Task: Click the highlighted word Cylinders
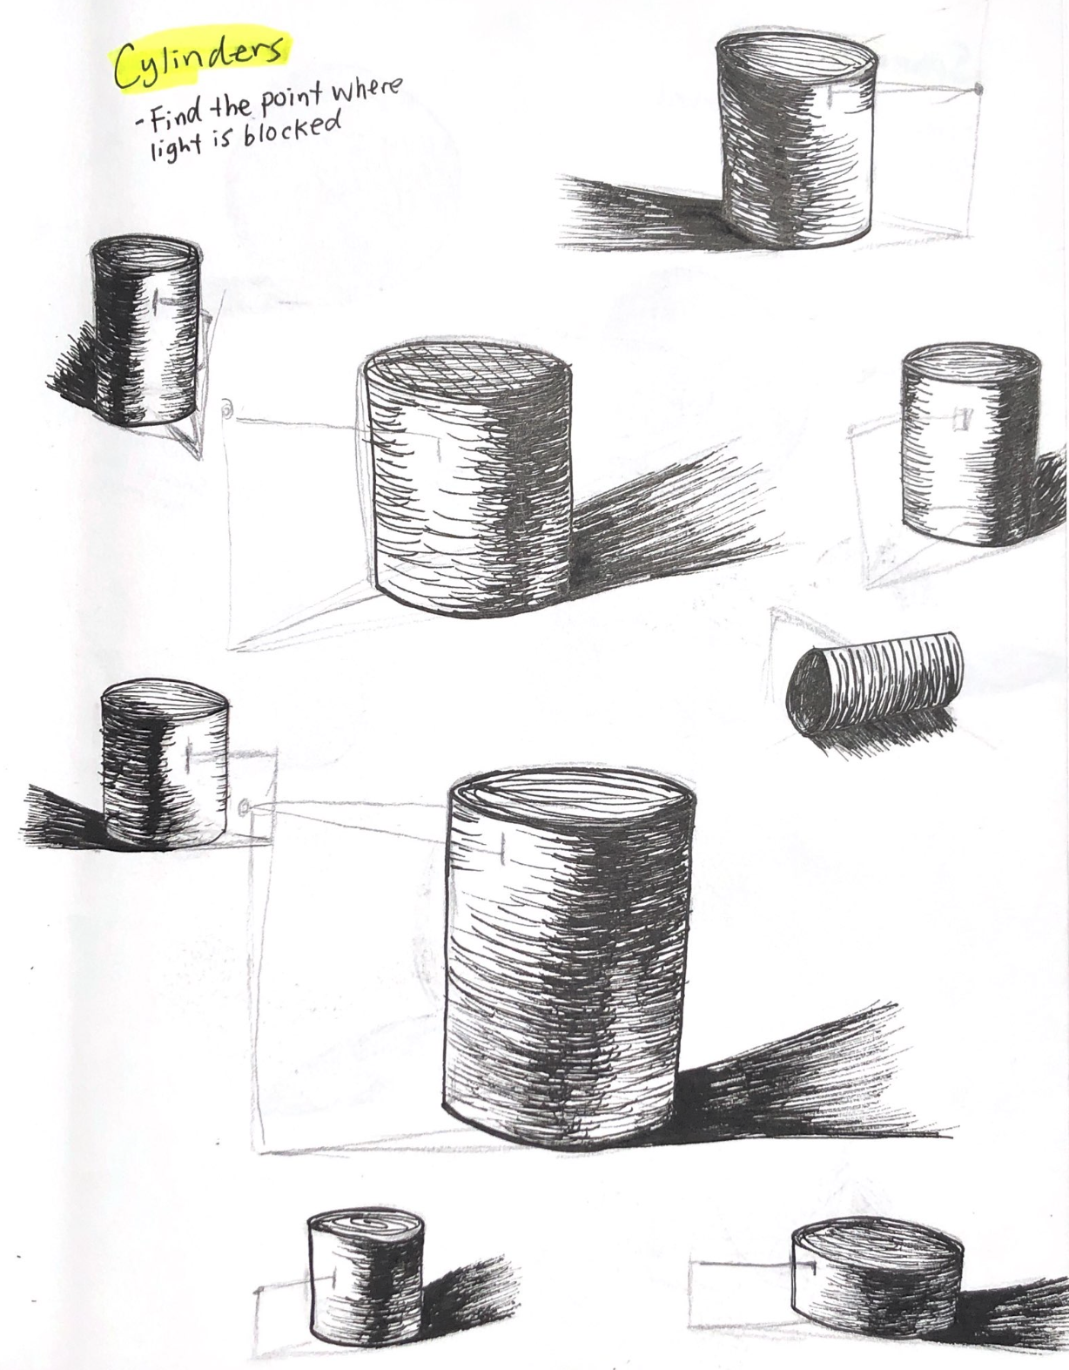tap(198, 59)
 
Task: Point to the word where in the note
tap(366, 89)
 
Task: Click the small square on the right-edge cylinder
tap(961, 419)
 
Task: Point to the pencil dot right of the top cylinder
tap(979, 90)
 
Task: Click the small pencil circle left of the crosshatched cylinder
tap(226, 410)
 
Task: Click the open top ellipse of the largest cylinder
tap(570, 800)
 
